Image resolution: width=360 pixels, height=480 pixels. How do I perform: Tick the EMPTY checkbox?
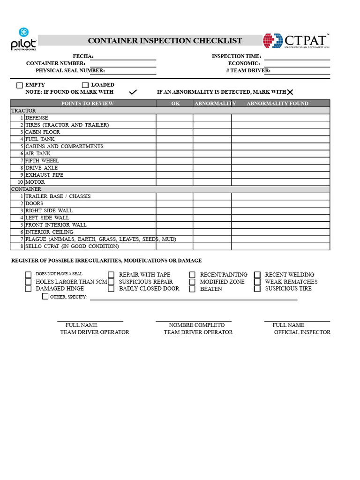point(20,85)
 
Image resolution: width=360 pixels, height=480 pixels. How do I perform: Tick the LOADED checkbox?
point(85,85)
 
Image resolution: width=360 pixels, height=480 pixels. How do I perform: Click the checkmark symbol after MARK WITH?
point(133,92)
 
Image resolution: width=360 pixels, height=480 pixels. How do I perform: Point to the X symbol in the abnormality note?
point(290,92)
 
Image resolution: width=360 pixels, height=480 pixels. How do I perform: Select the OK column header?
point(175,104)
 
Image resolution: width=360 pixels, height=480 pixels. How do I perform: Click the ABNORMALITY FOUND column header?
point(277,104)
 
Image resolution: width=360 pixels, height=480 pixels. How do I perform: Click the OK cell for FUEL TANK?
point(174,139)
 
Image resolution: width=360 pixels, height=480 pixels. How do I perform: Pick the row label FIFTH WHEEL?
point(42,161)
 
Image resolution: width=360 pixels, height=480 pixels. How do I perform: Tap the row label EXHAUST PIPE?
point(44,175)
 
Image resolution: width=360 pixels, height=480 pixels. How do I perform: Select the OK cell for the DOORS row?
point(174,203)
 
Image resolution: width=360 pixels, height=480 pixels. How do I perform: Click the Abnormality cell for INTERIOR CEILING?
point(212,232)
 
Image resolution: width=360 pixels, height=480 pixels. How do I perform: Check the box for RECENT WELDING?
point(257,275)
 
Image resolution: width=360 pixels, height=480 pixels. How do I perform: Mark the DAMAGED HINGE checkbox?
point(29,289)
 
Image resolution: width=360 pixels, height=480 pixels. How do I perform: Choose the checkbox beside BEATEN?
point(192,289)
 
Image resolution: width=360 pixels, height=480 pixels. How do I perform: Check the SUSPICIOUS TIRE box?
point(257,289)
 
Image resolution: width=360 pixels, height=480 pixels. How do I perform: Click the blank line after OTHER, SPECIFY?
point(193,298)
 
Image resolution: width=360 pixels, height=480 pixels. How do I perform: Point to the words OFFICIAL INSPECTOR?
point(302,332)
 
